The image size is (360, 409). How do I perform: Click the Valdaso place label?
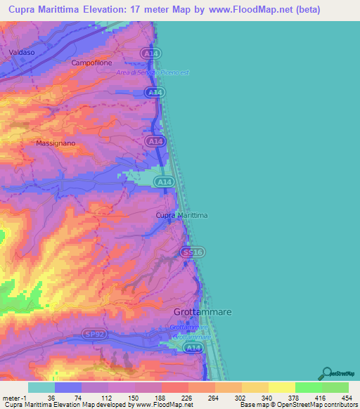coord(22,53)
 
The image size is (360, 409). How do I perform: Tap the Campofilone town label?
coord(91,63)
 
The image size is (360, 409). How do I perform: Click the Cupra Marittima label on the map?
coord(181,215)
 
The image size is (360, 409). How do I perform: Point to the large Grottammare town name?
coord(202,311)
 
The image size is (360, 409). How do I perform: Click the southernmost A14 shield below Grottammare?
coord(192,347)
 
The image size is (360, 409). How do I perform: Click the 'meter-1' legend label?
coord(13,397)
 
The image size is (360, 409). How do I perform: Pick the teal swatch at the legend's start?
coord(41,387)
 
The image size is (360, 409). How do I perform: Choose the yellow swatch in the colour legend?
coord(281,387)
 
